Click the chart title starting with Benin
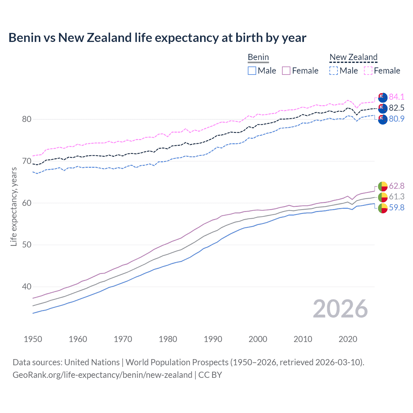coord(157,38)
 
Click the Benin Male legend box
coord(252,71)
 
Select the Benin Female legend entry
coord(300,71)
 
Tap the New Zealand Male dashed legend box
coord(334,71)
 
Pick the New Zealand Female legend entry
coord(382,71)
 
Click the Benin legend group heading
coord(258,57)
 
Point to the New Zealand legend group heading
coord(353,57)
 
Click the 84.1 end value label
coord(397,97)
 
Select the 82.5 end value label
coord(397,108)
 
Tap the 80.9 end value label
coord(397,119)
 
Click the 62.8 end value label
coord(397,186)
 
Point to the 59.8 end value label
coord(397,207)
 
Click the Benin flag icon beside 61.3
coord(383,197)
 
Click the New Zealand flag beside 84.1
coord(383,97)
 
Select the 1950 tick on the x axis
coord(33,339)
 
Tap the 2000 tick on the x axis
coord(258,339)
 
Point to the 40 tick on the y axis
coord(27,287)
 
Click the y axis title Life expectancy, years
coord(14,206)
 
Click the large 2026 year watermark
coord(340,309)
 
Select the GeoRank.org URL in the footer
coord(102,375)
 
